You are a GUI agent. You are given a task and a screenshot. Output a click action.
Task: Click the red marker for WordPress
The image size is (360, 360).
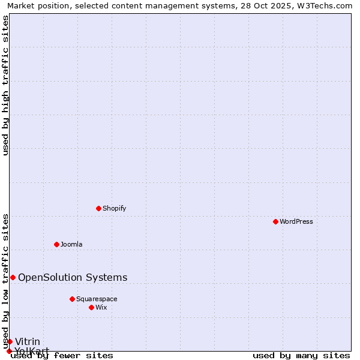pos(275,221)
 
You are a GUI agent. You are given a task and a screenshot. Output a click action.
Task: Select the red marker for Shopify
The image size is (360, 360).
pos(98,208)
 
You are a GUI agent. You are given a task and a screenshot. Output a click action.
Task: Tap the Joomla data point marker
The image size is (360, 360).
pos(56,244)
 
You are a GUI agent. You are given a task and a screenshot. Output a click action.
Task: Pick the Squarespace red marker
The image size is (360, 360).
pos(72,299)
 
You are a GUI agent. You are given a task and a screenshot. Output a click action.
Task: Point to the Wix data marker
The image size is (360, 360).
pos(91,307)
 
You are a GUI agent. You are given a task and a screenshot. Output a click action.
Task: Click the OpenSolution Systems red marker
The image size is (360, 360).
pos(13,277)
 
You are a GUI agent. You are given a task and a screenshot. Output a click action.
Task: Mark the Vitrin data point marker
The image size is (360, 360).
pos(10,341)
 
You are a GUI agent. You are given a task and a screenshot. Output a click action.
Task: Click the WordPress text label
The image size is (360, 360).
pos(296,221)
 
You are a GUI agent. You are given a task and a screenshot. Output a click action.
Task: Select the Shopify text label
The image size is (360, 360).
pos(115,208)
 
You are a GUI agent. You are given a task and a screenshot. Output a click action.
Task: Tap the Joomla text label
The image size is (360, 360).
pos(71,244)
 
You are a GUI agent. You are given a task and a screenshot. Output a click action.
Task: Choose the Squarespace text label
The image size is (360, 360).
pos(97,299)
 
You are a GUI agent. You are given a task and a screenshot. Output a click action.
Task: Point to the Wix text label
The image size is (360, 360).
pos(101,307)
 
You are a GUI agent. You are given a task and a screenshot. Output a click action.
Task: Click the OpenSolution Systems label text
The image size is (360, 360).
pos(73,277)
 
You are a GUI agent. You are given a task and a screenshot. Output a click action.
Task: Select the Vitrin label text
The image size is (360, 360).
pos(28,342)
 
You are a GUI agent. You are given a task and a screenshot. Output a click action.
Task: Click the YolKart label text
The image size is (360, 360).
pos(32,351)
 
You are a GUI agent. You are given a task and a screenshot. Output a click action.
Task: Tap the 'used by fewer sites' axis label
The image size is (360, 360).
pos(62,356)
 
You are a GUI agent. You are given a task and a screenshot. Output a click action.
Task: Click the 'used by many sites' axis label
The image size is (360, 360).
pos(301,356)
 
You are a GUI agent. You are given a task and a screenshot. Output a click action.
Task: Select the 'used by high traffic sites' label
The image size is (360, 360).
pos(6,85)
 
